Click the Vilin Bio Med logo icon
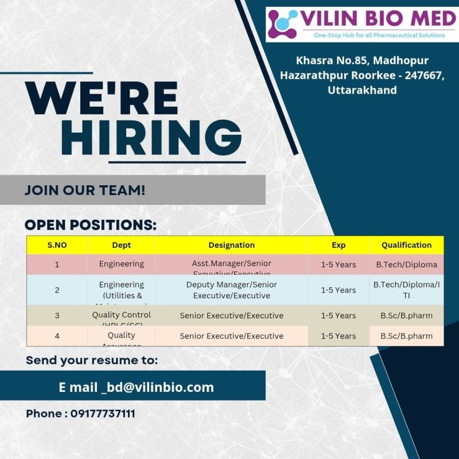tap(283, 24)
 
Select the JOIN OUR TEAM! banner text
tap(85, 190)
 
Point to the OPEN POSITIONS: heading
tap(91, 225)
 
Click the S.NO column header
tap(57, 245)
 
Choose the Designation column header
tap(231, 245)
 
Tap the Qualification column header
tap(406, 245)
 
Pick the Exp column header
tap(339, 245)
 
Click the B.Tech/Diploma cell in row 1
tap(406, 264)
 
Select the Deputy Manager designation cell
tap(231, 290)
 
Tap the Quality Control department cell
tap(121, 315)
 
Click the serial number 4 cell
tap(57, 336)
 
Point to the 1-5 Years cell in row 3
tap(339, 316)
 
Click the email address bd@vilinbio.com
tap(157, 387)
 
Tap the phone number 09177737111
tap(103, 414)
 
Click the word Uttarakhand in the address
tap(362, 90)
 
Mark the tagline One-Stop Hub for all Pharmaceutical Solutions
tap(379, 36)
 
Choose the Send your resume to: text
tap(92, 360)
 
